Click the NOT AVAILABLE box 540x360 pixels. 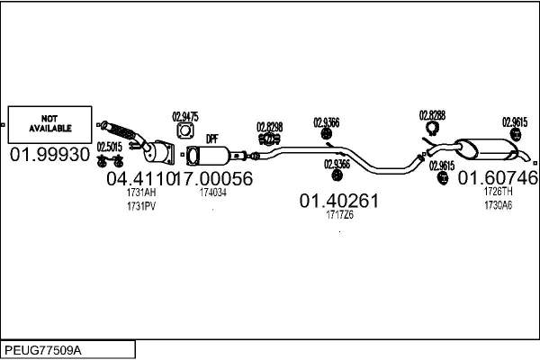(x=49, y=125)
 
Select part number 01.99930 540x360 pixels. (x=49, y=155)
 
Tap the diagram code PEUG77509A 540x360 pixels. (x=43, y=350)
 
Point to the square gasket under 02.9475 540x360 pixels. (x=185, y=130)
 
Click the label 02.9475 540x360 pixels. (x=185, y=117)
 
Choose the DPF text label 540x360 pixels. (x=212, y=139)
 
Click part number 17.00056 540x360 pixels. (x=214, y=178)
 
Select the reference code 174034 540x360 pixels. (x=213, y=193)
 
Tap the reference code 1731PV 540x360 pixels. (x=141, y=206)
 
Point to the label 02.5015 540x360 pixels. (x=110, y=147)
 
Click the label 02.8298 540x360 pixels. (x=270, y=127)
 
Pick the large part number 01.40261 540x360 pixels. (x=339, y=201)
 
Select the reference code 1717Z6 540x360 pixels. (x=339, y=214)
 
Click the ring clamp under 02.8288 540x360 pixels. (x=432, y=128)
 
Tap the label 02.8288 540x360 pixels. (x=432, y=115)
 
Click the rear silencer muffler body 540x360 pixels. (x=486, y=150)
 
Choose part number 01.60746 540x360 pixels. (x=498, y=178)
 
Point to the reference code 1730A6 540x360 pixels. (x=498, y=205)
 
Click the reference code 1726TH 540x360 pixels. (x=498, y=191)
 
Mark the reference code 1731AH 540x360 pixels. (x=141, y=193)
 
